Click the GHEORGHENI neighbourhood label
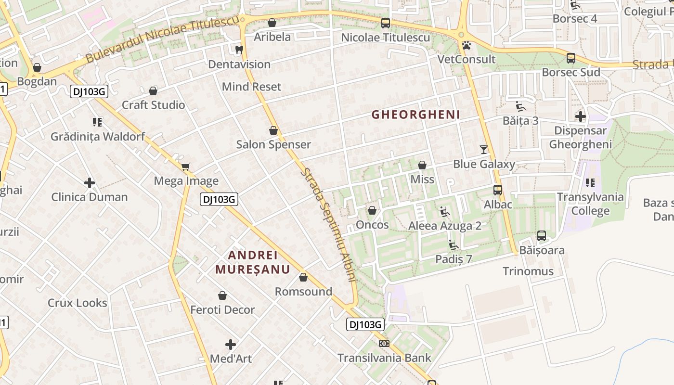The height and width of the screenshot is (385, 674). pyautogui.click(x=416, y=115)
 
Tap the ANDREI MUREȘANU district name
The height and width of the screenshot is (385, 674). pyautogui.click(x=253, y=262)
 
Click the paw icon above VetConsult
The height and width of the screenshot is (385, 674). pyautogui.click(x=466, y=46)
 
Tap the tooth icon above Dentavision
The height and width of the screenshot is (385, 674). pyautogui.click(x=239, y=50)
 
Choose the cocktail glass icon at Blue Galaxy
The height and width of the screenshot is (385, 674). pyautogui.click(x=484, y=150)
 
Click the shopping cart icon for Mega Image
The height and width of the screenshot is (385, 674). pyautogui.click(x=186, y=167)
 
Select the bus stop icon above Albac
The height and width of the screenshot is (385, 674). pyautogui.click(x=498, y=190)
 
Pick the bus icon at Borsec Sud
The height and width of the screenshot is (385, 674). pyautogui.click(x=571, y=58)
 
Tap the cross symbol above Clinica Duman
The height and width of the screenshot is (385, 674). pyautogui.click(x=90, y=183)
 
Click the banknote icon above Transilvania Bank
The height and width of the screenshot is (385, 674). pyautogui.click(x=384, y=344)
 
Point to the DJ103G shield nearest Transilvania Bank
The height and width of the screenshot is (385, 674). pyautogui.click(x=365, y=324)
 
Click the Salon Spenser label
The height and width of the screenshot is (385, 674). pyautogui.click(x=273, y=144)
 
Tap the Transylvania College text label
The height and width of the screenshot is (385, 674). pyautogui.click(x=590, y=204)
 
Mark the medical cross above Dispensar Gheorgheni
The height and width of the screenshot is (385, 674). pyautogui.click(x=581, y=116)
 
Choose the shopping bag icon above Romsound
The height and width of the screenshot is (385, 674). pyautogui.click(x=303, y=277)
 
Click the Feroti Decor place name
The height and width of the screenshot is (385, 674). pyautogui.click(x=222, y=309)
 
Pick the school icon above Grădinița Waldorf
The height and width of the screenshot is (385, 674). pyautogui.click(x=97, y=122)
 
